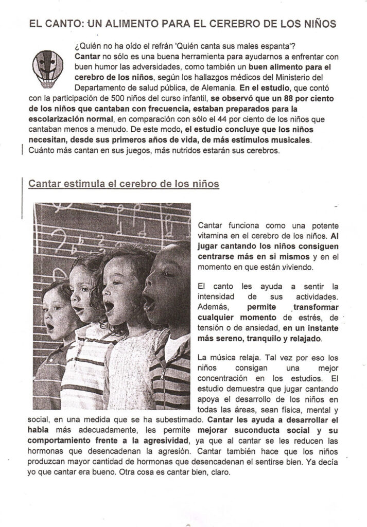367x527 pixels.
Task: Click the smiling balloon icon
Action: point(47,66)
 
